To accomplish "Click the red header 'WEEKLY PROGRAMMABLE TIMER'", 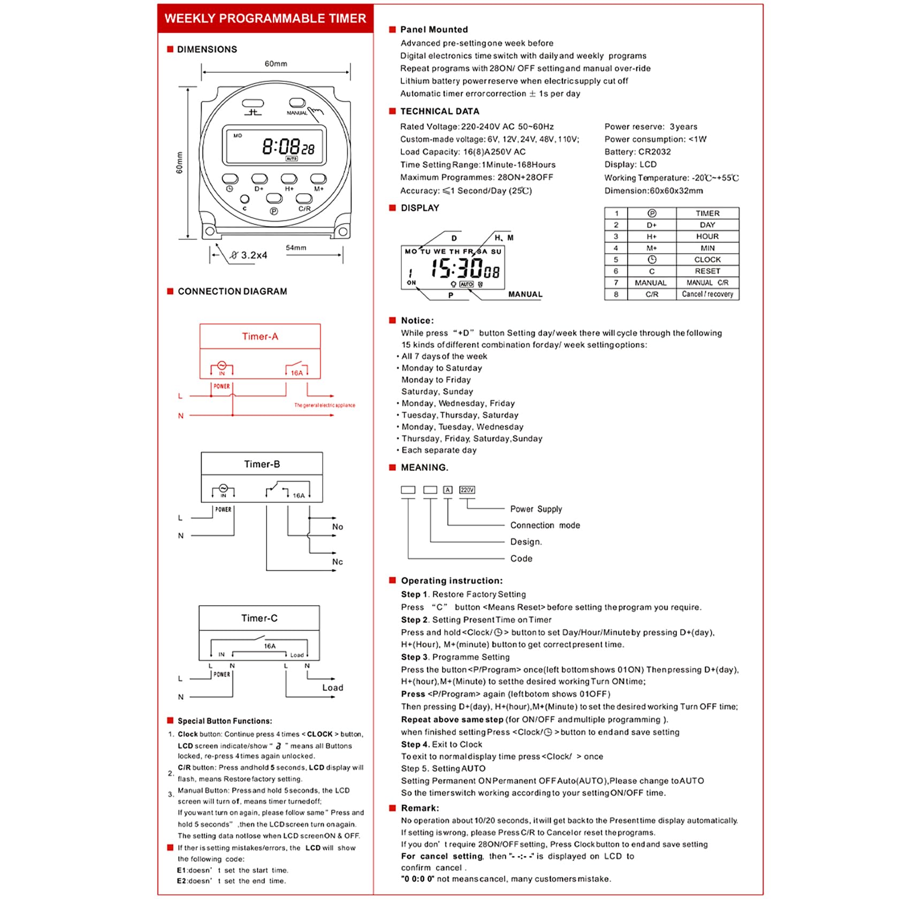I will click(265, 19).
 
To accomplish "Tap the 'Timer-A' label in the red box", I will click(260, 337).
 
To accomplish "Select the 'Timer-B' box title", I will click(262, 464).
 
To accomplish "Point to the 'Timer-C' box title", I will click(259, 618).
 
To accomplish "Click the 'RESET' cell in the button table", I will click(707, 271).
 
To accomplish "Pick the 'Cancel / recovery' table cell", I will click(707, 294).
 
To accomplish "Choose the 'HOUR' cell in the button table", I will click(707, 237).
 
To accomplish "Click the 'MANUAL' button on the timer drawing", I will click(297, 103).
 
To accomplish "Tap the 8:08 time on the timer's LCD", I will click(280, 146).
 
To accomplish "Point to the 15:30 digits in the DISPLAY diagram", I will click(457, 268).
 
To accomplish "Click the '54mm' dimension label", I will click(296, 248).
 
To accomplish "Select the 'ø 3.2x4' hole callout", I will click(249, 255).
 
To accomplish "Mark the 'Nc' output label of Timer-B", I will click(337, 562).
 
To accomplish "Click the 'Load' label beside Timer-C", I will click(332, 688).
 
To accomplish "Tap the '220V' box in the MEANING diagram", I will click(467, 490).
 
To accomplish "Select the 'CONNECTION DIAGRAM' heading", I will click(232, 292).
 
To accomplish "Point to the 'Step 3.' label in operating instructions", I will click(415, 657).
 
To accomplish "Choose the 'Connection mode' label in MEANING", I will click(545, 525).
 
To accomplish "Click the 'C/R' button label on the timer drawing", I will click(304, 209).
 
